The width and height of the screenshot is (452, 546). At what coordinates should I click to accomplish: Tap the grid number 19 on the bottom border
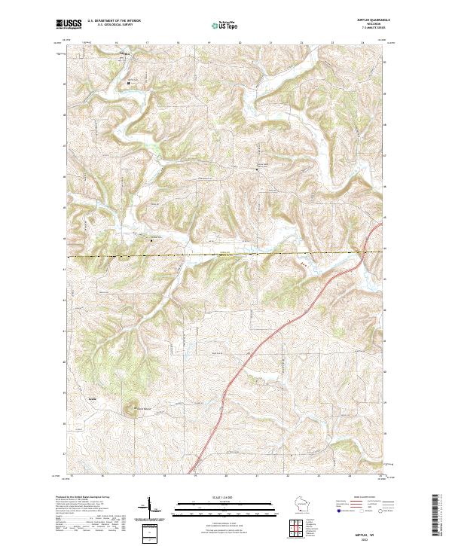click(195, 476)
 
